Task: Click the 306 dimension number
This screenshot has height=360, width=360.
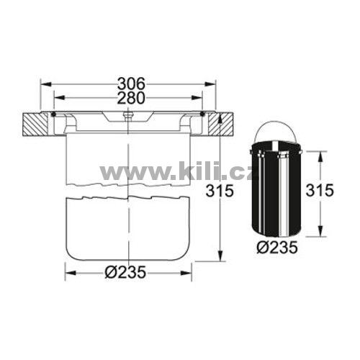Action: [x=132, y=84]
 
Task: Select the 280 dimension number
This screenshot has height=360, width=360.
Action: [x=132, y=97]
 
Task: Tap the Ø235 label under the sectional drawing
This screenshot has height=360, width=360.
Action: [x=125, y=272]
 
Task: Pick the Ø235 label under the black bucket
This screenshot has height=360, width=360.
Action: [x=277, y=247]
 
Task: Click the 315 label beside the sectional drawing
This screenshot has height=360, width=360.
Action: [x=220, y=191]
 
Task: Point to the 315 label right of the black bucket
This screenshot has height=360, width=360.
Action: [x=320, y=190]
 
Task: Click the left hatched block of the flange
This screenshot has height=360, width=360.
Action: [x=35, y=125]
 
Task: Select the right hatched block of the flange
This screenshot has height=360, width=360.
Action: [x=220, y=125]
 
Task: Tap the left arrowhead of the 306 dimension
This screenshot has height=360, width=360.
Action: [x=46, y=84]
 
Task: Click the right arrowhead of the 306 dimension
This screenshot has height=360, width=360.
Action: [x=210, y=84]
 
